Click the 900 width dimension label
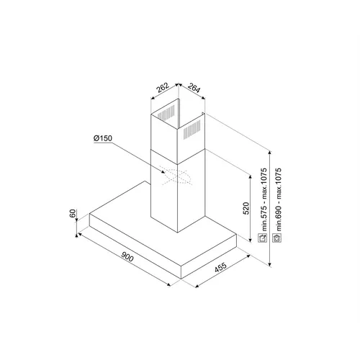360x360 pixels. pyautogui.click(x=127, y=257)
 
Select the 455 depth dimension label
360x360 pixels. pyautogui.click(x=220, y=267)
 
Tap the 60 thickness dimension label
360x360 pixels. pyautogui.click(x=73, y=213)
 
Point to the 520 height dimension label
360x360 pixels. pyautogui.click(x=246, y=209)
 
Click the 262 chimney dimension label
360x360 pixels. pyautogui.click(x=163, y=88)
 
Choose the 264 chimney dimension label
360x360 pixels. pyautogui.click(x=194, y=88)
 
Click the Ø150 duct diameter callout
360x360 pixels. pyautogui.click(x=103, y=138)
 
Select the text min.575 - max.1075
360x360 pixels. pyautogui.click(x=264, y=199)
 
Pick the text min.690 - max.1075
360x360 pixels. pyautogui.click(x=278, y=199)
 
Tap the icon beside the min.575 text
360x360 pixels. pyautogui.click(x=262, y=238)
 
